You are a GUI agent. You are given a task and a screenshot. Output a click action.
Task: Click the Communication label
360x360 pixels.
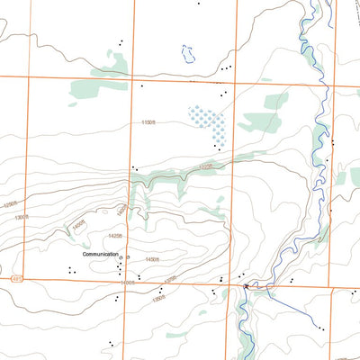point(100,255)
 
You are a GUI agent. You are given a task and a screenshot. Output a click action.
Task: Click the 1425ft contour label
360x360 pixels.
point(113,236)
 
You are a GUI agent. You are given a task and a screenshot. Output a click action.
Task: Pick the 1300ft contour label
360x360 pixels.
point(24,216)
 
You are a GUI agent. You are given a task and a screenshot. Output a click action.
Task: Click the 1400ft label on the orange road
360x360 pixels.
point(127,282)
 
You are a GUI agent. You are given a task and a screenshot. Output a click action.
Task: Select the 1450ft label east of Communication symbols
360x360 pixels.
point(150,260)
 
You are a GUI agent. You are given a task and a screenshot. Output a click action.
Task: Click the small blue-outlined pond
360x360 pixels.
point(188,53)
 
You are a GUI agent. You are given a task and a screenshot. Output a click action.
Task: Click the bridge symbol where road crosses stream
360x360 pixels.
point(245,286)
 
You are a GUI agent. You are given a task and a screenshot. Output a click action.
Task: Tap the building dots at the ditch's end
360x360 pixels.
point(319,328)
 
